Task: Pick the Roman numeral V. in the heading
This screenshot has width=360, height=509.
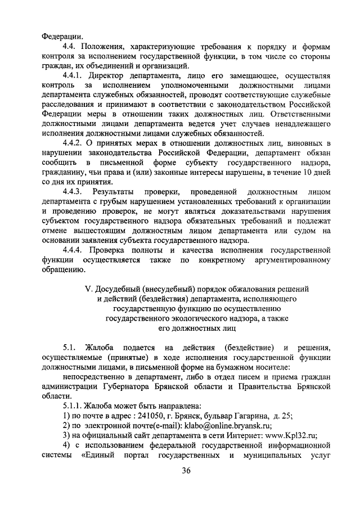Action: pyautogui.click(x=88, y=289)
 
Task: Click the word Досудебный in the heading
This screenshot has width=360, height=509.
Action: pyautogui.click(x=117, y=289)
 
